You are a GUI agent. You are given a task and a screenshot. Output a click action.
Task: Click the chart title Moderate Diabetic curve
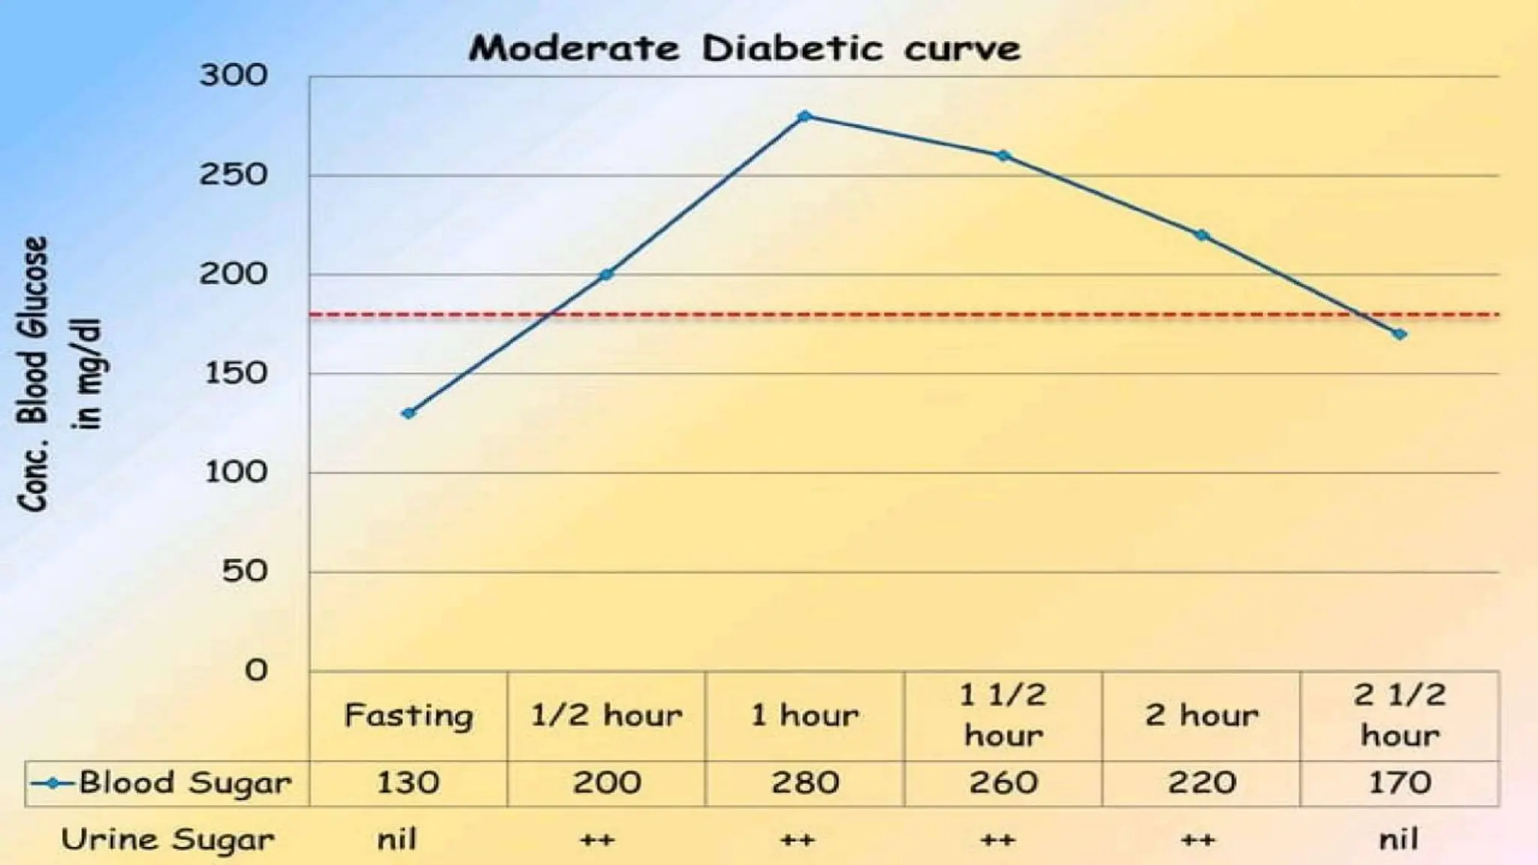(744, 49)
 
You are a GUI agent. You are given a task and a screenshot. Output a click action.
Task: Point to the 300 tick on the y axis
(233, 75)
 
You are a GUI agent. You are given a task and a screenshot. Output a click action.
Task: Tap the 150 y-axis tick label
(236, 373)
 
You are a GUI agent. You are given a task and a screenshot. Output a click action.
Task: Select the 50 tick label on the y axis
(244, 572)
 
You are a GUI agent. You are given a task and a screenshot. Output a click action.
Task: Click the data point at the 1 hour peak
(804, 116)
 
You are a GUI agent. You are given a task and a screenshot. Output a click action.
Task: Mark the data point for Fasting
(409, 413)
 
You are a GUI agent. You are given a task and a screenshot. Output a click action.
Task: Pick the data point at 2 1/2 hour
(1399, 334)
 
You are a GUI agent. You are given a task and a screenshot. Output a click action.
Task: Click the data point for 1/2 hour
(607, 275)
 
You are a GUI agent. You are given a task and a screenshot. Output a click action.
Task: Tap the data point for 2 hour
(1202, 235)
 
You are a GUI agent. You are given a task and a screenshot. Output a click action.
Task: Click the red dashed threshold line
(901, 315)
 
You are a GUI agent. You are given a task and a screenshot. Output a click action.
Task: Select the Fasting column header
(409, 716)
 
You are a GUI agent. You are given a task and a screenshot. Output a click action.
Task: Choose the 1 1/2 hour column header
(1003, 715)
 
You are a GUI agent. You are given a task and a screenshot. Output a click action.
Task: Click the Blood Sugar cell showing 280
(804, 783)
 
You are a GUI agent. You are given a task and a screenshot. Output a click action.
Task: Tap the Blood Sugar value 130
(408, 783)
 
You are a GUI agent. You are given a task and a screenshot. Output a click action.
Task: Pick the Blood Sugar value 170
(1399, 783)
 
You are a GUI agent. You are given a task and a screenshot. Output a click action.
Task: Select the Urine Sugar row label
(167, 839)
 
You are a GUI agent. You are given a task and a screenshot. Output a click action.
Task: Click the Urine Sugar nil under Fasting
(397, 839)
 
